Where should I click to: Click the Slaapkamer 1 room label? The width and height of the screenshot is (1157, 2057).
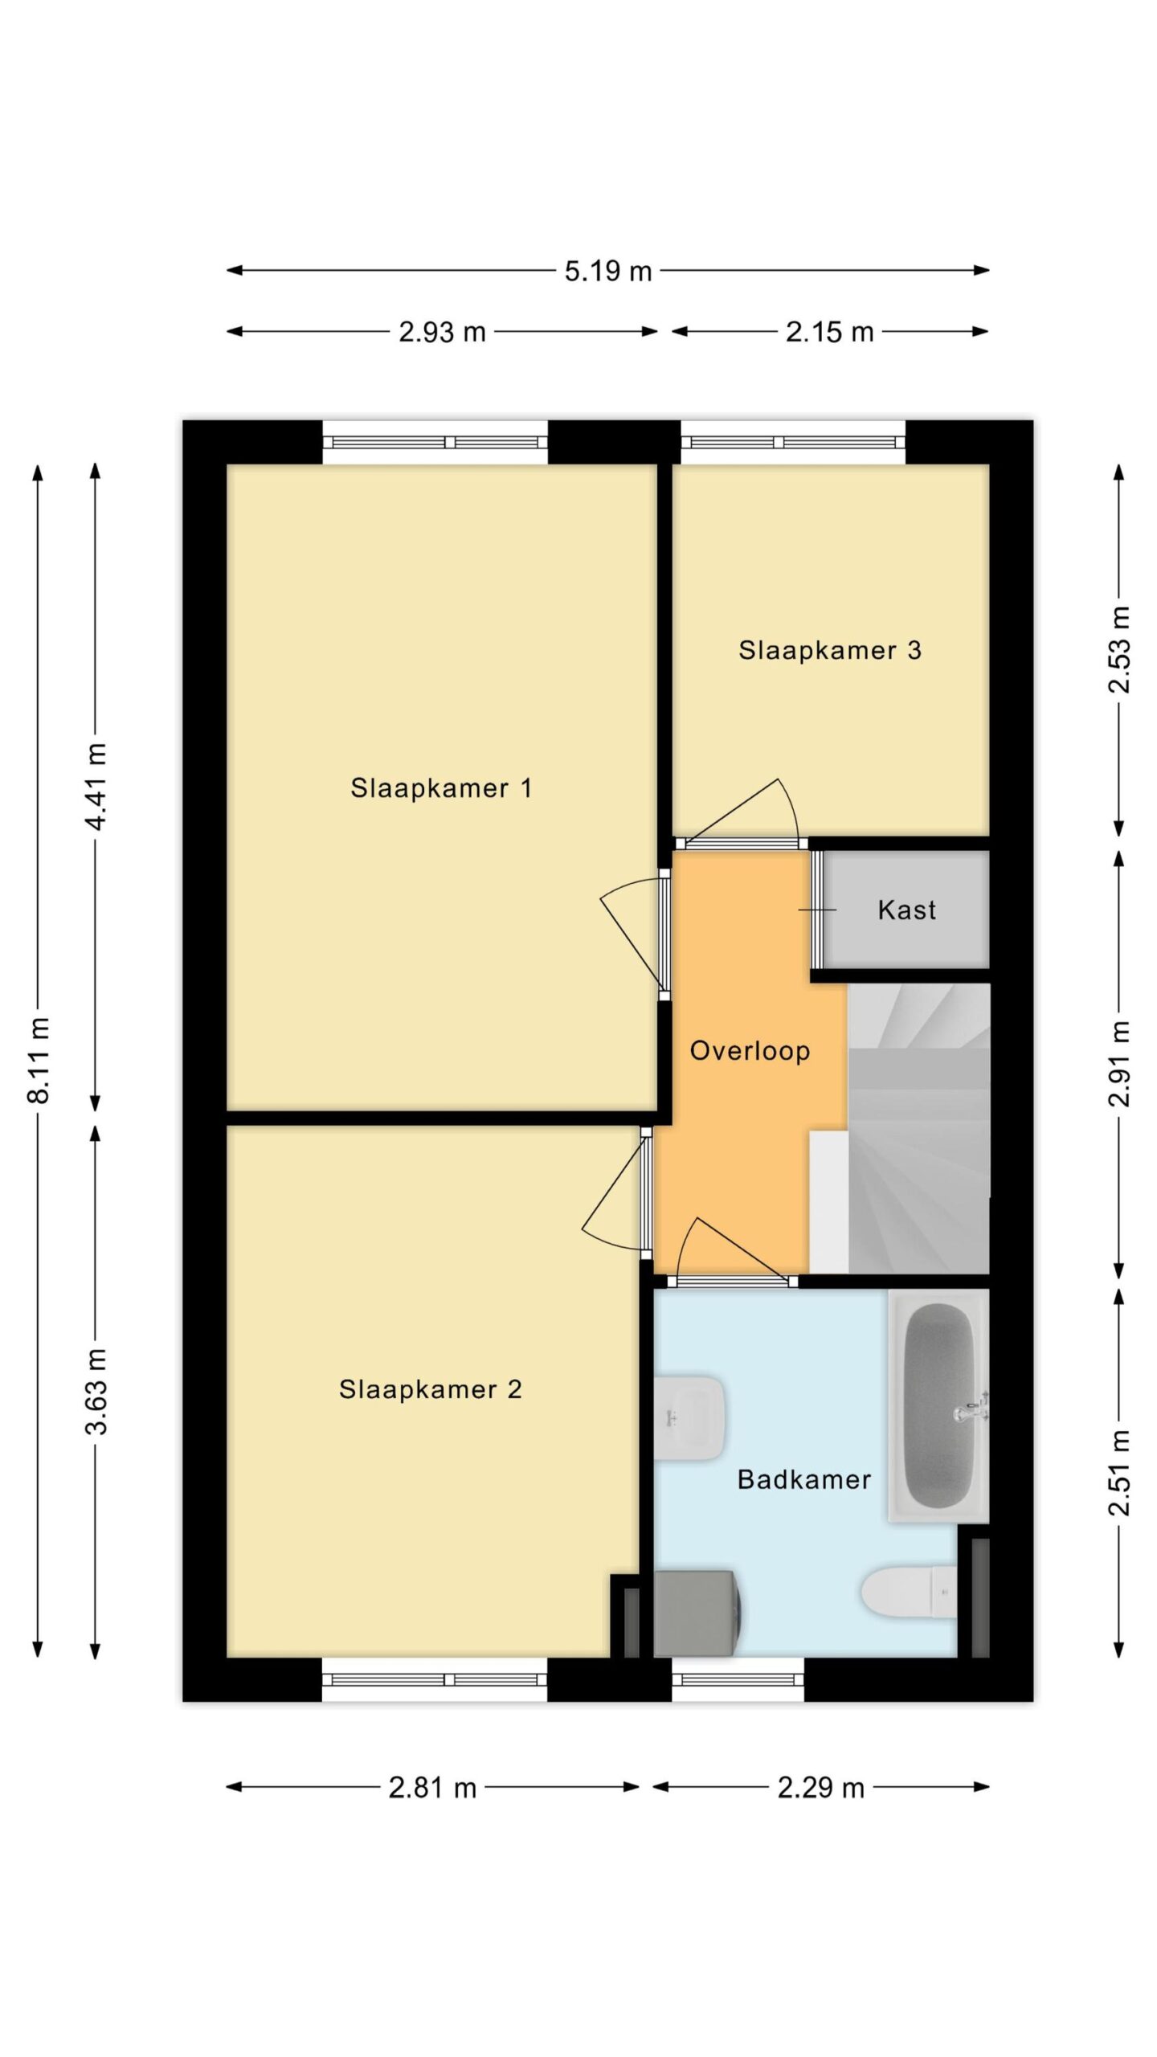tap(441, 788)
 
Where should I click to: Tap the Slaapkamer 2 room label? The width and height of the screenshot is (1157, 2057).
tap(431, 1389)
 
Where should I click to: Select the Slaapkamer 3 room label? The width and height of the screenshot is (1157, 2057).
tap(830, 650)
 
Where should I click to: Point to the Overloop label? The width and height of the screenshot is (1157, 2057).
tap(750, 1051)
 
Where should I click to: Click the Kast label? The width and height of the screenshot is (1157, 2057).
tap(907, 910)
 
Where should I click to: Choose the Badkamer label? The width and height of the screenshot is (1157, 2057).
tap(804, 1479)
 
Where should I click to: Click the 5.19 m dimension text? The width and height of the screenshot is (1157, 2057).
tap(607, 272)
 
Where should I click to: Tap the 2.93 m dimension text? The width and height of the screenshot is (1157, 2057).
tap(442, 332)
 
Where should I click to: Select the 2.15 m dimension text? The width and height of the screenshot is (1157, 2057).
tap(829, 332)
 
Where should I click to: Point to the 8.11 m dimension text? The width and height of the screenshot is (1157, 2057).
tap(39, 1060)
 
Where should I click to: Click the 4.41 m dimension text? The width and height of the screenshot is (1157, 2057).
tap(96, 787)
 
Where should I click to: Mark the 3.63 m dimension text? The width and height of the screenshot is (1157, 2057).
tap(96, 1391)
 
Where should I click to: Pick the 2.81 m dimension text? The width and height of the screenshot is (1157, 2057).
tap(432, 1788)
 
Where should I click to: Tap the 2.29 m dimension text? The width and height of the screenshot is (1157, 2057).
tap(820, 1788)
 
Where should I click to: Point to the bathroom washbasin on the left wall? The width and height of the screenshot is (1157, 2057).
tap(689, 1418)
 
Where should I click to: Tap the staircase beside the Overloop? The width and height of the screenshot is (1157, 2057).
tap(918, 1128)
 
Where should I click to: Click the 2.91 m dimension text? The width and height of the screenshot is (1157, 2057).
tap(1119, 1064)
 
